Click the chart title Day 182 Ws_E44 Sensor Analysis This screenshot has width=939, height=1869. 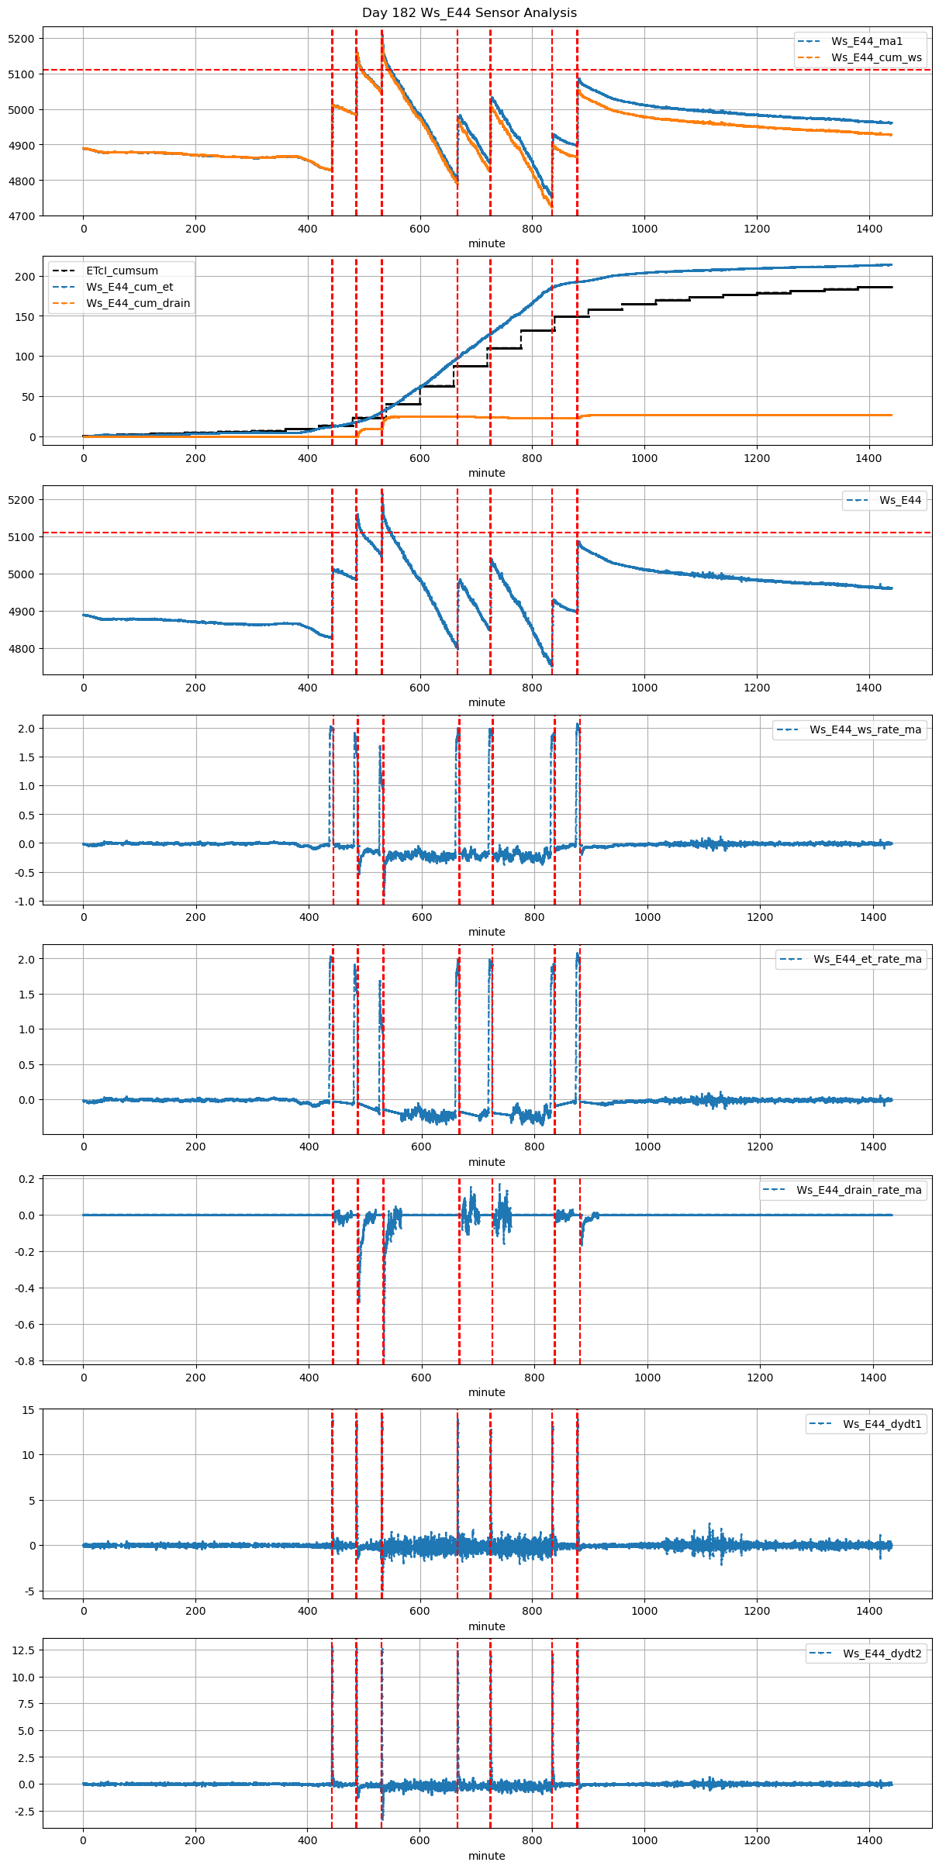pyautogui.click(x=469, y=13)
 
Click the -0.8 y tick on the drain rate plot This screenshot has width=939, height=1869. pyautogui.click(x=26, y=1361)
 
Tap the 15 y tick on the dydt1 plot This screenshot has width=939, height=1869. pyautogui.click(x=29, y=1410)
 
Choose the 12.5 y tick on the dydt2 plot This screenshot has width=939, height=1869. pyautogui.click(x=23, y=1650)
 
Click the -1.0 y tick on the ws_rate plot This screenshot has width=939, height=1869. pyautogui.click(x=26, y=902)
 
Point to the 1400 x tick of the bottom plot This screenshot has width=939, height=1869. pyautogui.click(x=869, y=1840)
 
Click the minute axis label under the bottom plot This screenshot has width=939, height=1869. pyautogui.click(x=486, y=1856)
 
